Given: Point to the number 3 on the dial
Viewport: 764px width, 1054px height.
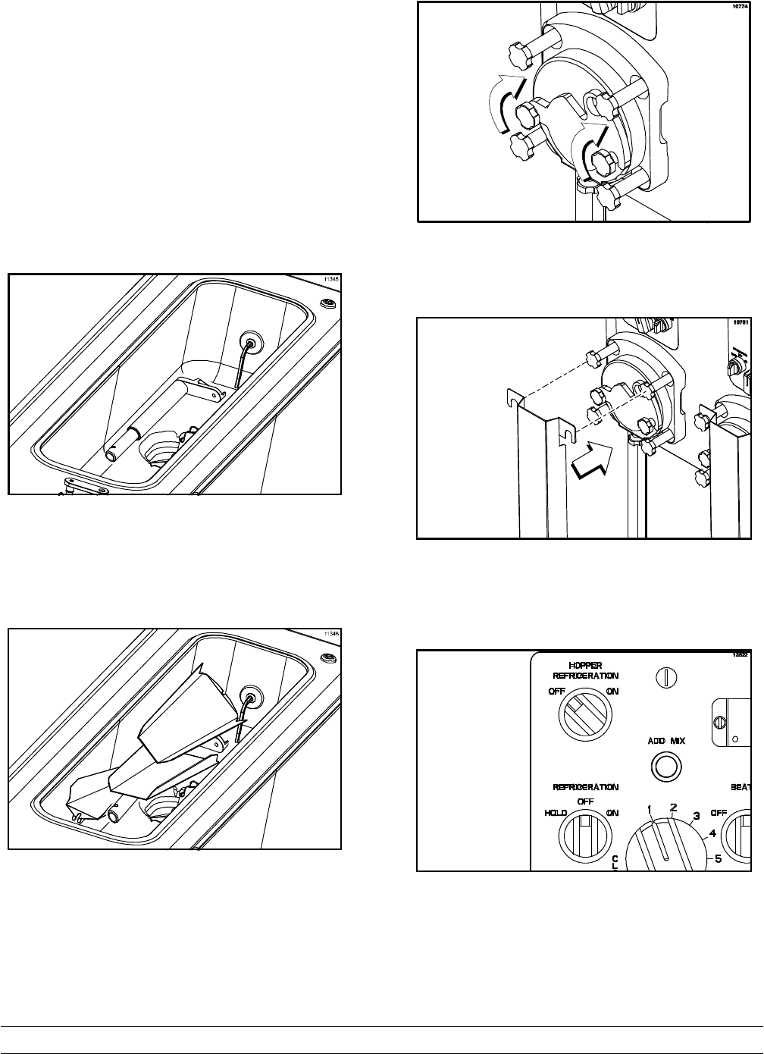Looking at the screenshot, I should (x=697, y=816).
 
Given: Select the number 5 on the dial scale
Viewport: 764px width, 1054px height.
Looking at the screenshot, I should (x=717, y=859).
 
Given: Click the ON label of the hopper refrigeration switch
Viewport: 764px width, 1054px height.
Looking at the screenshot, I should (x=612, y=692).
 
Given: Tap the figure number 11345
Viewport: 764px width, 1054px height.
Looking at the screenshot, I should (x=330, y=280).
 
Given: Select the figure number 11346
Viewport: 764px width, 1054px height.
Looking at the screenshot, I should (x=330, y=634).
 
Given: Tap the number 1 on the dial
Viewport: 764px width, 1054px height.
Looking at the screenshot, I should (x=650, y=810).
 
